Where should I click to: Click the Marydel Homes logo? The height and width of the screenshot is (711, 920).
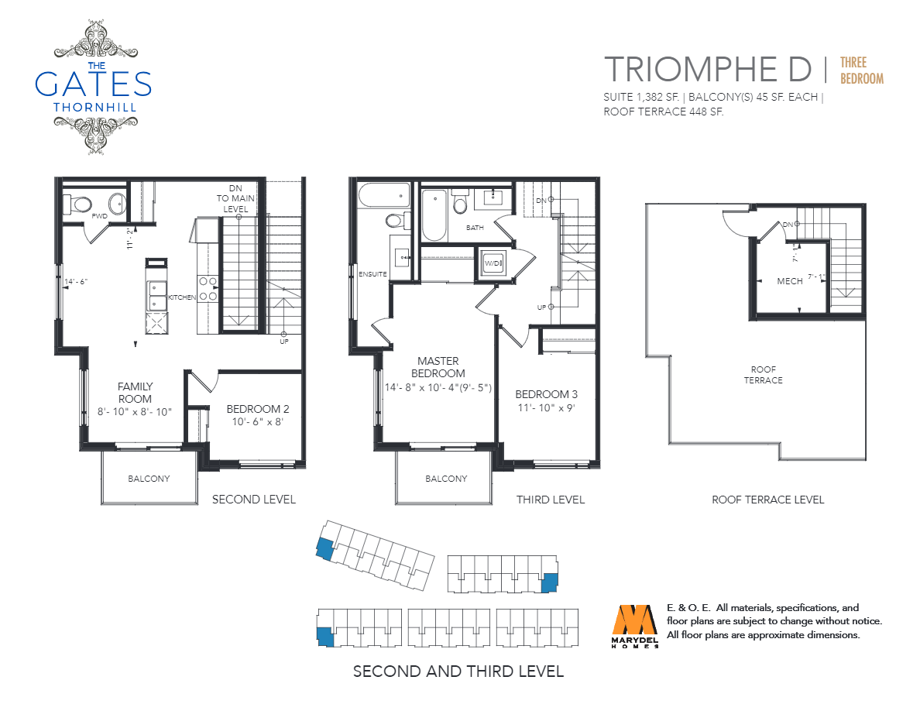[x=635, y=626]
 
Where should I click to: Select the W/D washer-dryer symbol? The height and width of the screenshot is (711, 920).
[x=493, y=263]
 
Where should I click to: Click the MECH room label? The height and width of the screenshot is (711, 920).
[x=790, y=281]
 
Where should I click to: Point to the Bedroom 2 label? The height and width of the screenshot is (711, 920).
[x=258, y=409]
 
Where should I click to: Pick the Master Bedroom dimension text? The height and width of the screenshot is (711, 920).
[x=438, y=387]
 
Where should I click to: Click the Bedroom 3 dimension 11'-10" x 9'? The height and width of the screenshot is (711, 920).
[x=546, y=407]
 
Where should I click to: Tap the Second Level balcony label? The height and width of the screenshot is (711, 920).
[x=149, y=479]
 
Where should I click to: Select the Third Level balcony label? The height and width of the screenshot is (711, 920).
[x=446, y=479]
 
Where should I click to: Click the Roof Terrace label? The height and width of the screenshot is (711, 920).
[x=764, y=375]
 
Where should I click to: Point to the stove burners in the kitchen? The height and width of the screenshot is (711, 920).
[x=208, y=289]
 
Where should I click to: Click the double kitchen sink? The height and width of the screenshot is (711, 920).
[x=156, y=296]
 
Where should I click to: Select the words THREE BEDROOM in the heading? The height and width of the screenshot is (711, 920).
[x=861, y=70]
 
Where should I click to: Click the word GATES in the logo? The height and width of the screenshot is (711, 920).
[x=93, y=84]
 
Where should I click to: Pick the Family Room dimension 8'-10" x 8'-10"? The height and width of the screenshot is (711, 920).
[x=135, y=412]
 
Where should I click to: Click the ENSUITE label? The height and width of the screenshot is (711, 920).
[x=372, y=274]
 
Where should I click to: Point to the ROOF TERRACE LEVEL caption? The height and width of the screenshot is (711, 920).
[x=767, y=500]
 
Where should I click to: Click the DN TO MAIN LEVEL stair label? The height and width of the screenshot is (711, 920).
[x=235, y=198]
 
